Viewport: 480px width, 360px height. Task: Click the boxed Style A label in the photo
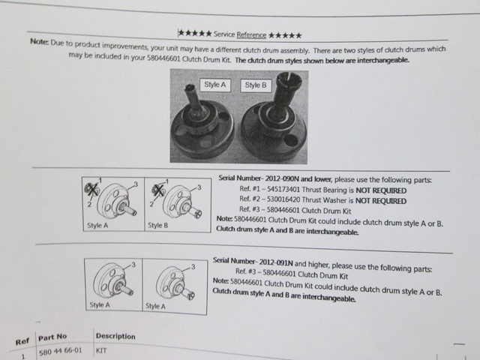point(214,85)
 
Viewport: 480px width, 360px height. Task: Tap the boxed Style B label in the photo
point(255,85)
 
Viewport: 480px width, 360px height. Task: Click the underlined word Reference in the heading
point(251,34)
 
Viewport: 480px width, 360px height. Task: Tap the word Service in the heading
point(224,34)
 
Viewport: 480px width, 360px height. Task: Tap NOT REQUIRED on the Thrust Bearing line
point(383,190)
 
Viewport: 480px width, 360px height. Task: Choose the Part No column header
point(54,337)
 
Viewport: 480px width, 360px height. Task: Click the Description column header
point(115,336)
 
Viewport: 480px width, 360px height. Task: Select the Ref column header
point(22,342)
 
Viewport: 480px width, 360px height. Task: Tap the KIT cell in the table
point(103,349)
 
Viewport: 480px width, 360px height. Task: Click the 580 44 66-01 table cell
point(58,351)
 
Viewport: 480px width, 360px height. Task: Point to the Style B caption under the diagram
point(157,225)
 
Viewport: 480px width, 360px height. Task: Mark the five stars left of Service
point(194,34)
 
